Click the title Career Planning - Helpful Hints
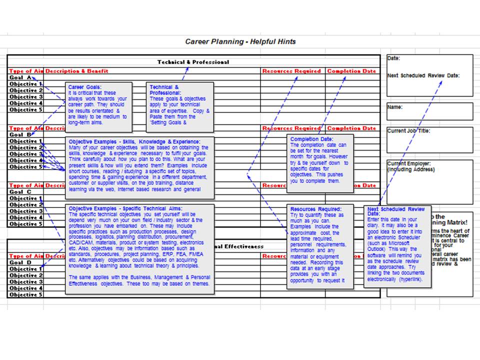240,41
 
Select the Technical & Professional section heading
193,62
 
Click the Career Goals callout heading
83,87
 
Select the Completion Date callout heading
311,139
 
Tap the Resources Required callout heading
315,209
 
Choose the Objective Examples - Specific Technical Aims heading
125,208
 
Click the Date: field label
394,58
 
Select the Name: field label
395,107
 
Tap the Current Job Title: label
408,131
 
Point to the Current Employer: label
408,163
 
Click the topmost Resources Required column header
291,71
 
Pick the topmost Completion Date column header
351,71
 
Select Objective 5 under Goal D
25,295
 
